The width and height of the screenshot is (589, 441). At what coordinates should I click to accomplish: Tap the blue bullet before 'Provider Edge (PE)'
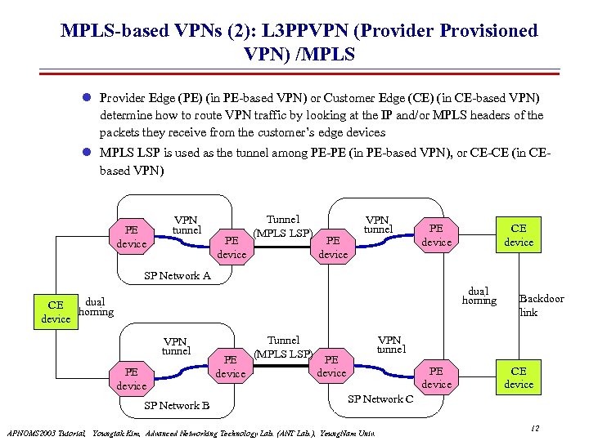pyautogui.click(x=88, y=97)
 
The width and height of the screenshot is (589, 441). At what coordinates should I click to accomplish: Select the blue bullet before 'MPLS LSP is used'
pyautogui.click(x=88, y=152)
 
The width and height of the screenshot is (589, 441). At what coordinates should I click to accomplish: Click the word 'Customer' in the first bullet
pyautogui.click(x=355, y=97)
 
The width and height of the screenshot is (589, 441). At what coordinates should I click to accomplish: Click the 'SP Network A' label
pyautogui.click(x=178, y=276)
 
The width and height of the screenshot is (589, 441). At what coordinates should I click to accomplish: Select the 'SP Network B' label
pyautogui.click(x=177, y=405)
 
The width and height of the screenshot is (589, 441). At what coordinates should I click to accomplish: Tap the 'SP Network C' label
pyautogui.click(x=381, y=399)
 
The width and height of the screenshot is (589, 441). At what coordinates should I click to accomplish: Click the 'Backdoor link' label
pyautogui.click(x=541, y=305)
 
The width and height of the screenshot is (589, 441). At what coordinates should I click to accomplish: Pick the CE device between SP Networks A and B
pyautogui.click(x=56, y=312)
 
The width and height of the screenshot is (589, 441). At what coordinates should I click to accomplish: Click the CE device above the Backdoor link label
pyautogui.click(x=519, y=234)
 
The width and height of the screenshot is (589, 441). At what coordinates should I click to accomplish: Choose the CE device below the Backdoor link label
pyautogui.click(x=519, y=378)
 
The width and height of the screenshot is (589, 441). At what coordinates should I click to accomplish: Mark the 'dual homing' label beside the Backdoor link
pyautogui.click(x=479, y=296)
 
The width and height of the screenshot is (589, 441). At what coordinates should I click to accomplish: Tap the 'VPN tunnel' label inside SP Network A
pyautogui.click(x=187, y=225)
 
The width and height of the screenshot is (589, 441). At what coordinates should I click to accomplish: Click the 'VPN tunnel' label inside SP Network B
pyautogui.click(x=176, y=346)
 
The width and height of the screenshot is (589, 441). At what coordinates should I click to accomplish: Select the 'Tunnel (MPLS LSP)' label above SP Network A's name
pyautogui.click(x=283, y=226)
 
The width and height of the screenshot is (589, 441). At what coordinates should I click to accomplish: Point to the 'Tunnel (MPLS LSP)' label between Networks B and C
pyautogui.click(x=283, y=347)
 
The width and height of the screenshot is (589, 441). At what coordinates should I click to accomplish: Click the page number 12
pyautogui.click(x=534, y=429)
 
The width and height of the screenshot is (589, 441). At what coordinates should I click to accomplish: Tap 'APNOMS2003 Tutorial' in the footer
pyautogui.click(x=46, y=432)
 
